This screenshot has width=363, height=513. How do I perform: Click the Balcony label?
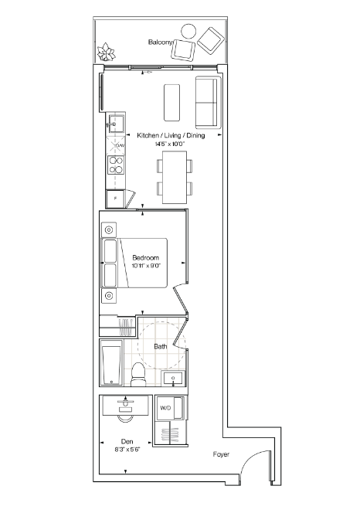click(160, 42)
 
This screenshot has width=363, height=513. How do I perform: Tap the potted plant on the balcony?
click(107, 52)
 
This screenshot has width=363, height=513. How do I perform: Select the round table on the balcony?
click(188, 32)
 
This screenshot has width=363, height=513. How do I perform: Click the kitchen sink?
click(116, 124)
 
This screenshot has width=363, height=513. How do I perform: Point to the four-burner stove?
click(116, 165)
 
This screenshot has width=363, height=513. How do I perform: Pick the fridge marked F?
click(115, 199)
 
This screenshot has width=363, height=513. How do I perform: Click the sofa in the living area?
click(206, 103)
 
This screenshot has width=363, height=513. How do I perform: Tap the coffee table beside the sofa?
click(171, 103)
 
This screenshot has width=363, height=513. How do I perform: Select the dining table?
click(175, 177)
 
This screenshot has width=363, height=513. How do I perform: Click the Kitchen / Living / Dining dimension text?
click(170, 144)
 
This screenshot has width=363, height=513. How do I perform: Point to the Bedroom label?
click(145, 258)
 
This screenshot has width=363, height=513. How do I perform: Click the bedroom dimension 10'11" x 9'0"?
click(147, 266)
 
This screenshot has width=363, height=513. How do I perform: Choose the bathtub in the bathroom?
click(111, 363)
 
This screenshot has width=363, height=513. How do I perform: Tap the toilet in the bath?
click(137, 375)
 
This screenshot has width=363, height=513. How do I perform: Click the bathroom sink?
click(173, 379)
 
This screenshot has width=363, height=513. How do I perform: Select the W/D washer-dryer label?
click(165, 408)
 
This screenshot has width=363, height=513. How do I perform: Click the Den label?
click(127, 441)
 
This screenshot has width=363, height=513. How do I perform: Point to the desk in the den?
click(125, 406)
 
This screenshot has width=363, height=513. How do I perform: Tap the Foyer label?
click(221, 454)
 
